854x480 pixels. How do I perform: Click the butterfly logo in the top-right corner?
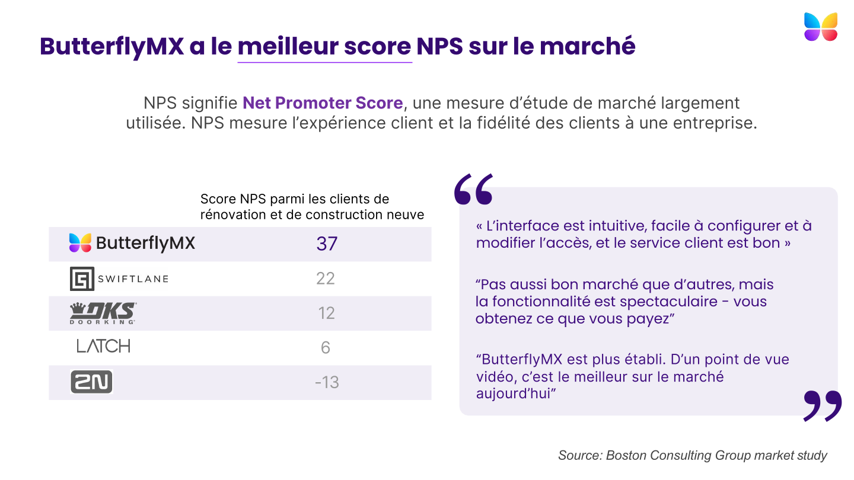pyautogui.click(x=821, y=27)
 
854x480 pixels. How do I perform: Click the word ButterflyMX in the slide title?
pyautogui.click(x=111, y=47)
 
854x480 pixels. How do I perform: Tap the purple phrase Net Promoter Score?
pyautogui.click(x=323, y=103)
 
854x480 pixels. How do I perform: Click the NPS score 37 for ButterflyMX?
pyautogui.click(x=327, y=244)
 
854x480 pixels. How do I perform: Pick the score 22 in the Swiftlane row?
pyautogui.click(x=326, y=279)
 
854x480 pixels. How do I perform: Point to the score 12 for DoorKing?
pyautogui.click(x=327, y=313)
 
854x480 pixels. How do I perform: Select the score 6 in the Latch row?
pyautogui.click(x=326, y=347)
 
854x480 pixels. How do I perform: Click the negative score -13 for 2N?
pyautogui.click(x=327, y=382)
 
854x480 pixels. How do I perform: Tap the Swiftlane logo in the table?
pyautogui.click(x=119, y=279)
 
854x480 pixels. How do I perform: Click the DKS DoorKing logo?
pyautogui.click(x=103, y=313)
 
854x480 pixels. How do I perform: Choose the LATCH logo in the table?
pyautogui.click(x=103, y=347)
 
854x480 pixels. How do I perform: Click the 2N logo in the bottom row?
pyautogui.click(x=91, y=382)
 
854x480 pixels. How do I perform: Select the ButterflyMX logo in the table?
pyautogui.click(x=132, y=243)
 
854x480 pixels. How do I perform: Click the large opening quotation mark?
pyautogui.click(x=473, y=190)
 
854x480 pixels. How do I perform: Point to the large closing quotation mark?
pyautogui.click(x=823, y=405)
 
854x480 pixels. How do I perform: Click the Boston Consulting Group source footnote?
pyautogui.click(x=692, y=455)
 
